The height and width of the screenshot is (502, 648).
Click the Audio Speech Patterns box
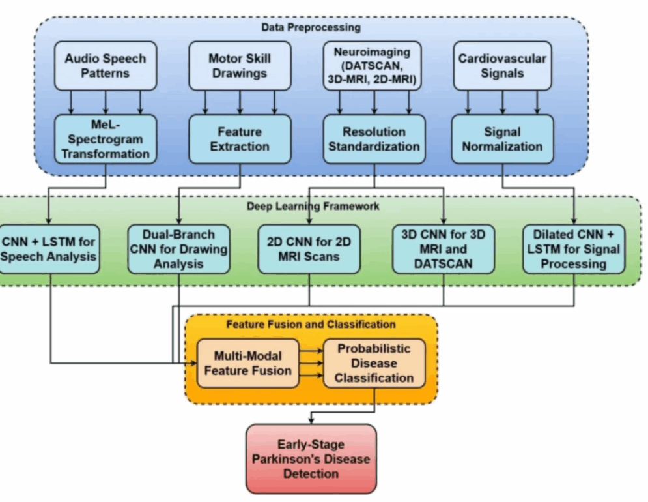tap(106, 65)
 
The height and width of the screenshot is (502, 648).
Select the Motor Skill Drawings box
tap(239, 65)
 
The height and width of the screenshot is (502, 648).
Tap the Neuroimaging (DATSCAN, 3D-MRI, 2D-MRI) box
tap(373, 65)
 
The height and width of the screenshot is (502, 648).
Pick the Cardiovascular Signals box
tap(502, 65)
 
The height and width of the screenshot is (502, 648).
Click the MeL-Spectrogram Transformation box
tap(106, 139)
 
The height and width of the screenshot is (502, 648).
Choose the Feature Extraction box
tap(239, 139)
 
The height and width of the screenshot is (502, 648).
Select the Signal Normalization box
tap(502, 139)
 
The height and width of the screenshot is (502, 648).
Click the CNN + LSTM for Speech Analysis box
tap(49, 248)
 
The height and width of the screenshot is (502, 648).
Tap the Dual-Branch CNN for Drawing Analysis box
tap(179, 248)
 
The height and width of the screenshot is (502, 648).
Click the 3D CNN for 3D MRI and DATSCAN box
tap(442, 248)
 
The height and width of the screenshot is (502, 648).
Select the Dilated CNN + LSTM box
tap(574, 248)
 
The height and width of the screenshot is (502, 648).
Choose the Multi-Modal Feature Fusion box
tap(248, 363)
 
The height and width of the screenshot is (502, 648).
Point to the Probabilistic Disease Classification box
tap(374, 363)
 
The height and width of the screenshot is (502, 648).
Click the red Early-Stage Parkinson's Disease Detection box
tap(311, 458)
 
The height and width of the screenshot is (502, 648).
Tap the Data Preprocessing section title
tap(311, 27)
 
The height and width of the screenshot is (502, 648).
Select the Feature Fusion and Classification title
tap(311, 324)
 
